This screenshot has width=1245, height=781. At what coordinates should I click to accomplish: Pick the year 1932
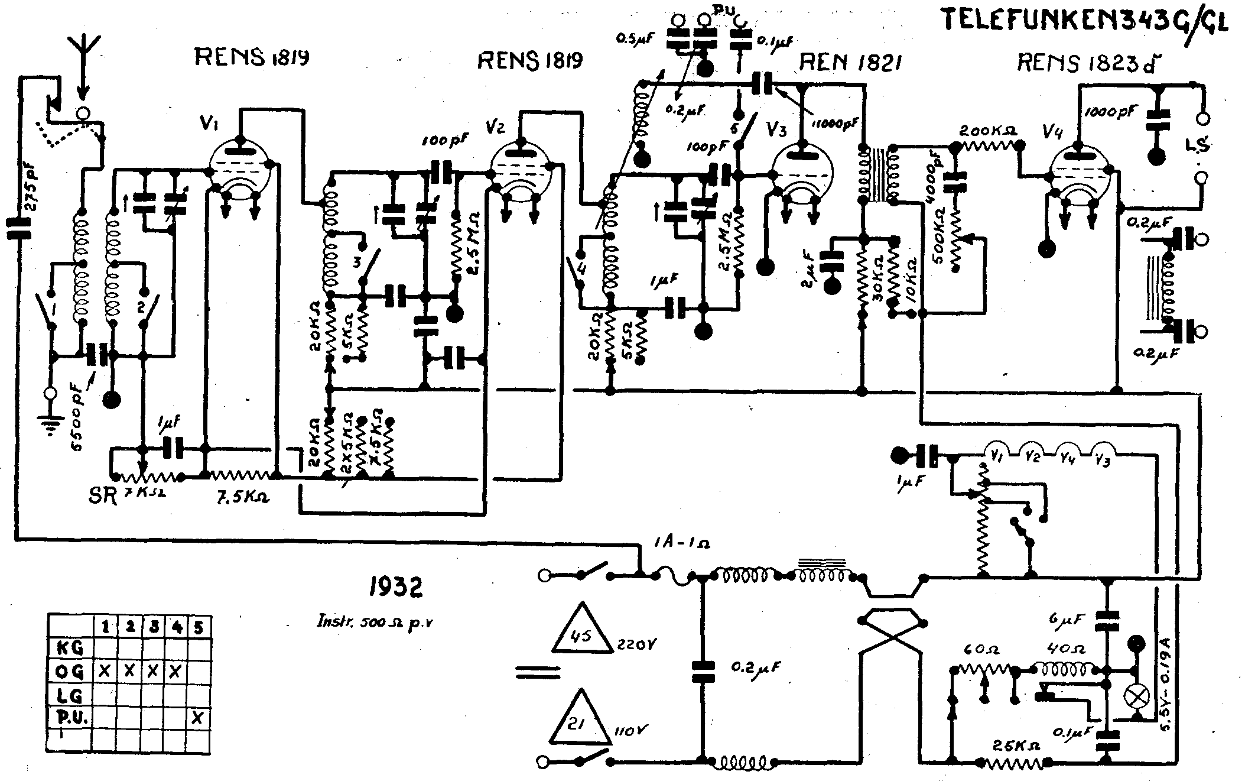pos(395,587)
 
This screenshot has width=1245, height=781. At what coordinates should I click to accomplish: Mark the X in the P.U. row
pos(198,718)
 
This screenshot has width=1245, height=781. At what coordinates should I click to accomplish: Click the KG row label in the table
pos(69,648)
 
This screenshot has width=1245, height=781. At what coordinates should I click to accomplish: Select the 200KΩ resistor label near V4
pos(987,131)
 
